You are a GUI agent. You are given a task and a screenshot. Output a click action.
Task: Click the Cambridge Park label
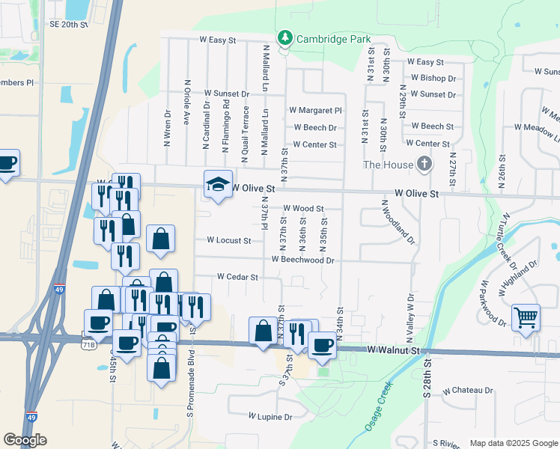(333, 39)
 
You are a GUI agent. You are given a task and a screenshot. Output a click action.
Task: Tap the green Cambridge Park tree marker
(284, 37)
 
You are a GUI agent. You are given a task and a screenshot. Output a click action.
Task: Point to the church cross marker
(424, 164)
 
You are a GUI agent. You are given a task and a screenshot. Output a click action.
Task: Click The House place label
(387, 165)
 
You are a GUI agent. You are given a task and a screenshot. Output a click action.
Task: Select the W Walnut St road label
(395, 350)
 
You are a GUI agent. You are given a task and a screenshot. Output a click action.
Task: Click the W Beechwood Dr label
(302, 260)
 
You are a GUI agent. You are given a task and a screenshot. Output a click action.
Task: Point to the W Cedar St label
(237, 277)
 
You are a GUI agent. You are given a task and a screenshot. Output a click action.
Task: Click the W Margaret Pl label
(315, 110)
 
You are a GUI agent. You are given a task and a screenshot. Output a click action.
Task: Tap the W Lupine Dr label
(270, 415)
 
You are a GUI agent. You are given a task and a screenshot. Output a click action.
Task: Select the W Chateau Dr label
(467, 391)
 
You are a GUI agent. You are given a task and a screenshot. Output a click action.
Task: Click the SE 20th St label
(69, 24)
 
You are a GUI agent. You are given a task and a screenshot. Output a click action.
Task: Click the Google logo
(25, 440)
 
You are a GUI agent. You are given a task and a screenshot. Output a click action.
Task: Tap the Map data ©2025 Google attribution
(514, 444)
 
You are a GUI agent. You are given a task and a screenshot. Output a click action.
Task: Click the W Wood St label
(302, 209)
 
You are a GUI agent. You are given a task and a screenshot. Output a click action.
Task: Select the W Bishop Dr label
(433, 78)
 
